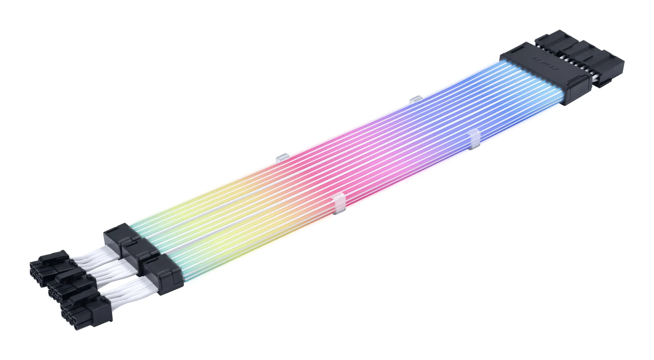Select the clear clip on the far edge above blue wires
pos(415,100)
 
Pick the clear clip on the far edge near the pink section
pos(281,157)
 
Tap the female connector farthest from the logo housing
pos(610,71)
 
